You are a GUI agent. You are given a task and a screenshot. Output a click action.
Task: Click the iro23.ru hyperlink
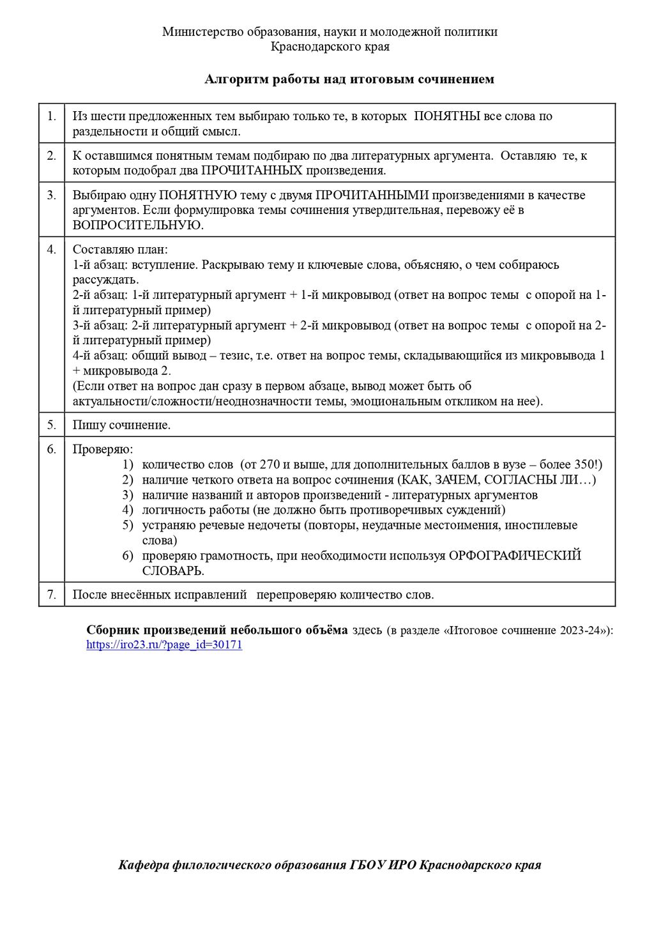pyautogui.click(x=164, y=645)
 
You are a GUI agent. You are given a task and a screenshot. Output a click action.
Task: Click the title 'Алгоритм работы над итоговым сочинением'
pyautogui.click(x=349, y=79)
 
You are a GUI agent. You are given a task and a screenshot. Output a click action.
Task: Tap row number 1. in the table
pyautogui.click(x=52, y=116)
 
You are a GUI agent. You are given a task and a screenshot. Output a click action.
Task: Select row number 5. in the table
pyautogui.click(x=52, y=425)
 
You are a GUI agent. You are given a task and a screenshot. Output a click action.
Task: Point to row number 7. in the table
pyautogui.click(x=52, y=595)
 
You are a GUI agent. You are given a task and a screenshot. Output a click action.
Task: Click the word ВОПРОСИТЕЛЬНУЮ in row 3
pyautogui.click(x=137, y=225)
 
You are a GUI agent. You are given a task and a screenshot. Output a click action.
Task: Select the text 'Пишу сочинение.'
pyautogui.click(x=121, y=425)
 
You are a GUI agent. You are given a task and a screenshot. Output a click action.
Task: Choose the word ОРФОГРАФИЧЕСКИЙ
pyautogui.click(x=515, y=556)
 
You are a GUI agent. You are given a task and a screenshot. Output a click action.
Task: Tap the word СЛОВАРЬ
pyautogui.click(x=173, y=570)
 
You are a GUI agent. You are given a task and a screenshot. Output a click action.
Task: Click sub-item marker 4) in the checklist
pyautogui.click(x=128, y=510)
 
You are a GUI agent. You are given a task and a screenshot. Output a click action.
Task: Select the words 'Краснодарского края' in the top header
pyautogui.click(x=330, y=46)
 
